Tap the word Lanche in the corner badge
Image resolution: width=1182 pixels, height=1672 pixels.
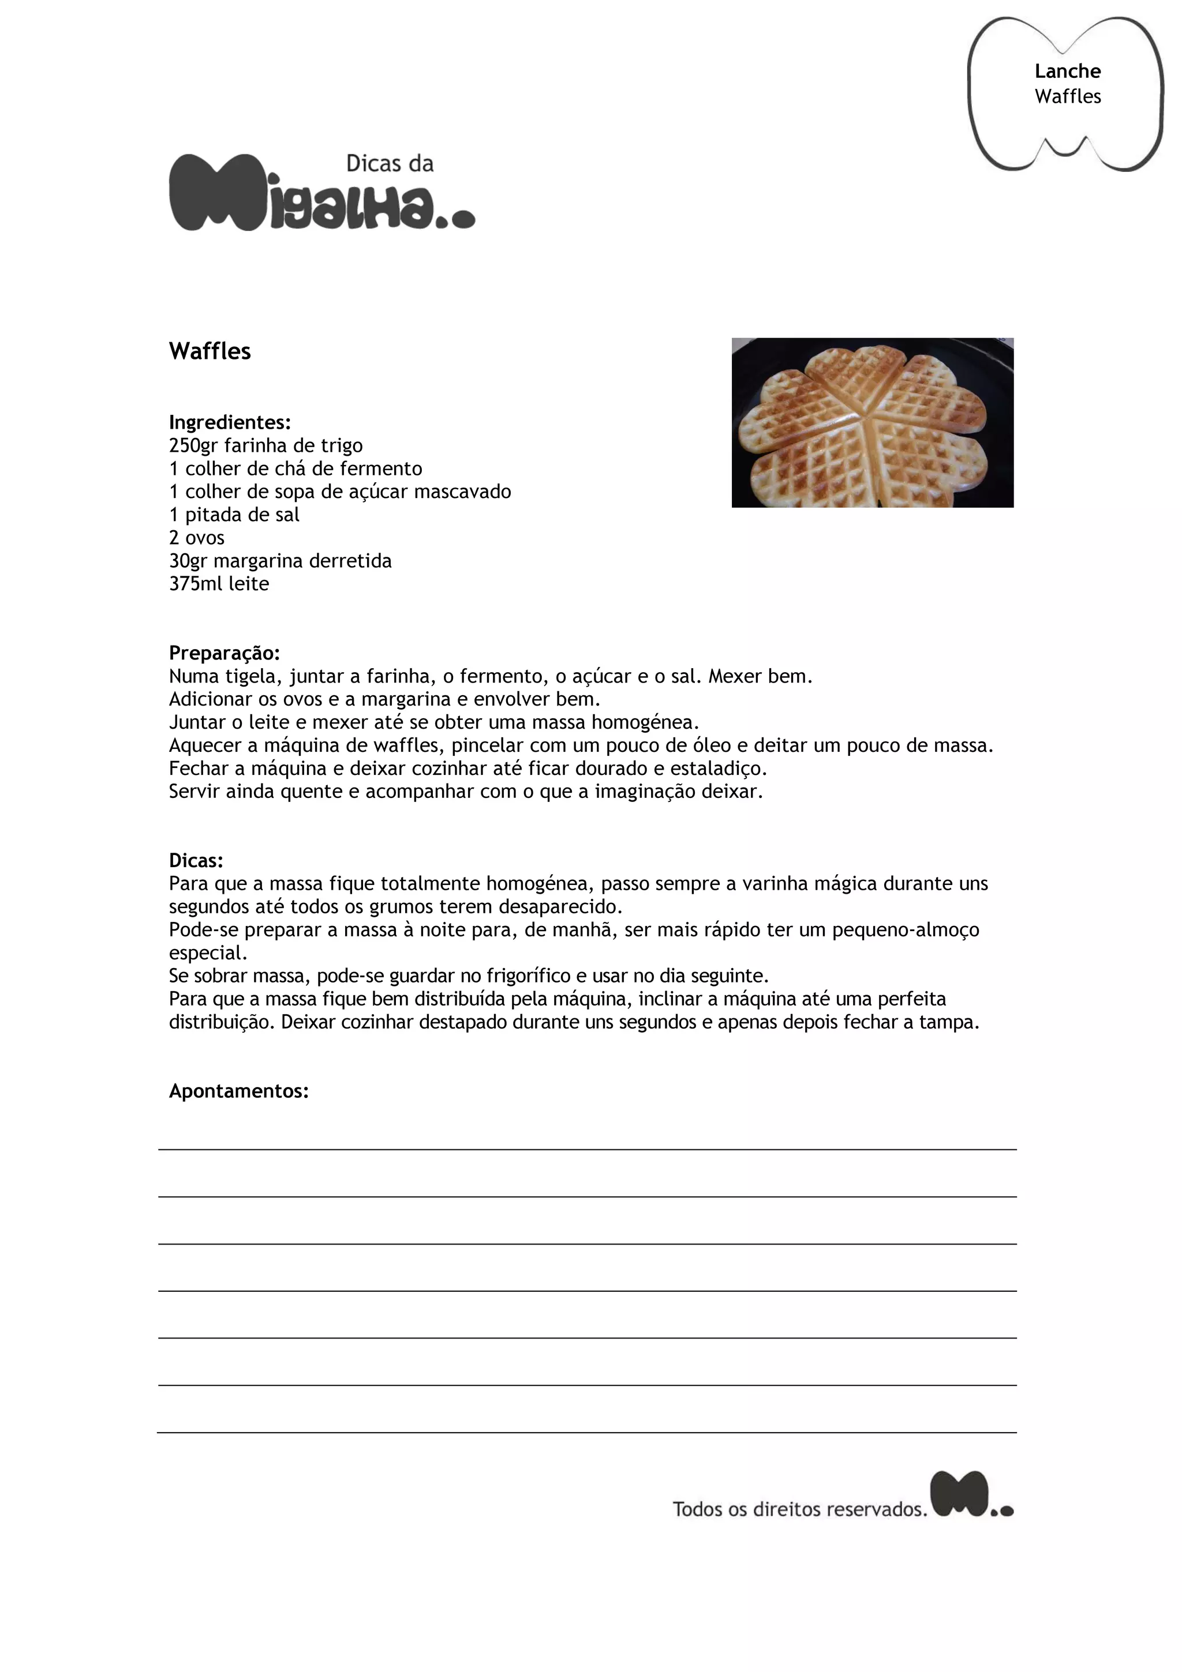coord(1067,72)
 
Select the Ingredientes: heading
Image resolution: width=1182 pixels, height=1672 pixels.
coord(229,422)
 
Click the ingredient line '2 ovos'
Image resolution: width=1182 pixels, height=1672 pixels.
coord(197,538)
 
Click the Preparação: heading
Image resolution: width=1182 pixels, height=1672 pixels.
coord(225,653)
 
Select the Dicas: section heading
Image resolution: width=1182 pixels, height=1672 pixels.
coord(196,861)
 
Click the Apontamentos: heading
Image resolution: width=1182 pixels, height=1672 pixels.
coord(239,1091)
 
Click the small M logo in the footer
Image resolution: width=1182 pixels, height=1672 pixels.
coord(971,1494)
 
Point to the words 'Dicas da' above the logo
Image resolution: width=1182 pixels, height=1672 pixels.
coord(390,164)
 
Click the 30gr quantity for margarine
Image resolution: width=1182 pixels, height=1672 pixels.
coord(188,561)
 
